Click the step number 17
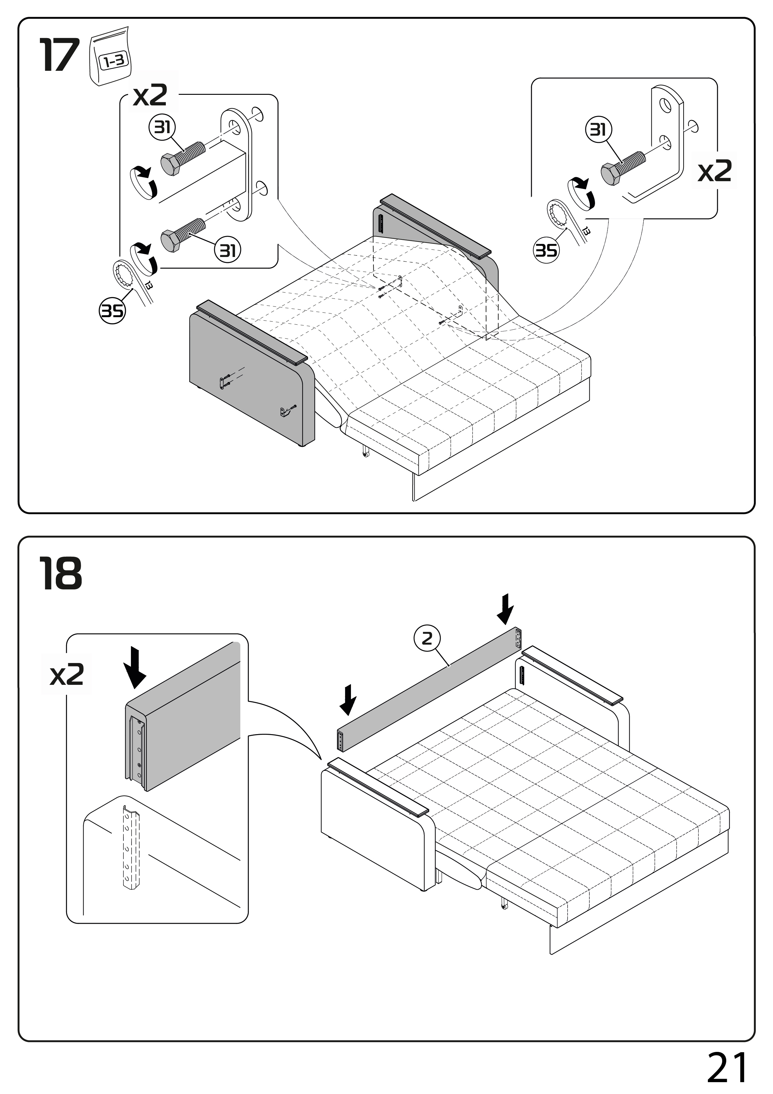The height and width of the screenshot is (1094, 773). coord(59,56)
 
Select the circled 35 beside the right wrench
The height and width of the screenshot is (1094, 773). coord(546,250)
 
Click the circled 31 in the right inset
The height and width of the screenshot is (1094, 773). coord(598,130)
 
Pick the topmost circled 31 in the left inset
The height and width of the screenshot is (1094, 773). coord(162,128)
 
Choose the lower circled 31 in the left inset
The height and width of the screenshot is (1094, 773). coord(228,250)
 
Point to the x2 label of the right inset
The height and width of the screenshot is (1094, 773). coord(714,171)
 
